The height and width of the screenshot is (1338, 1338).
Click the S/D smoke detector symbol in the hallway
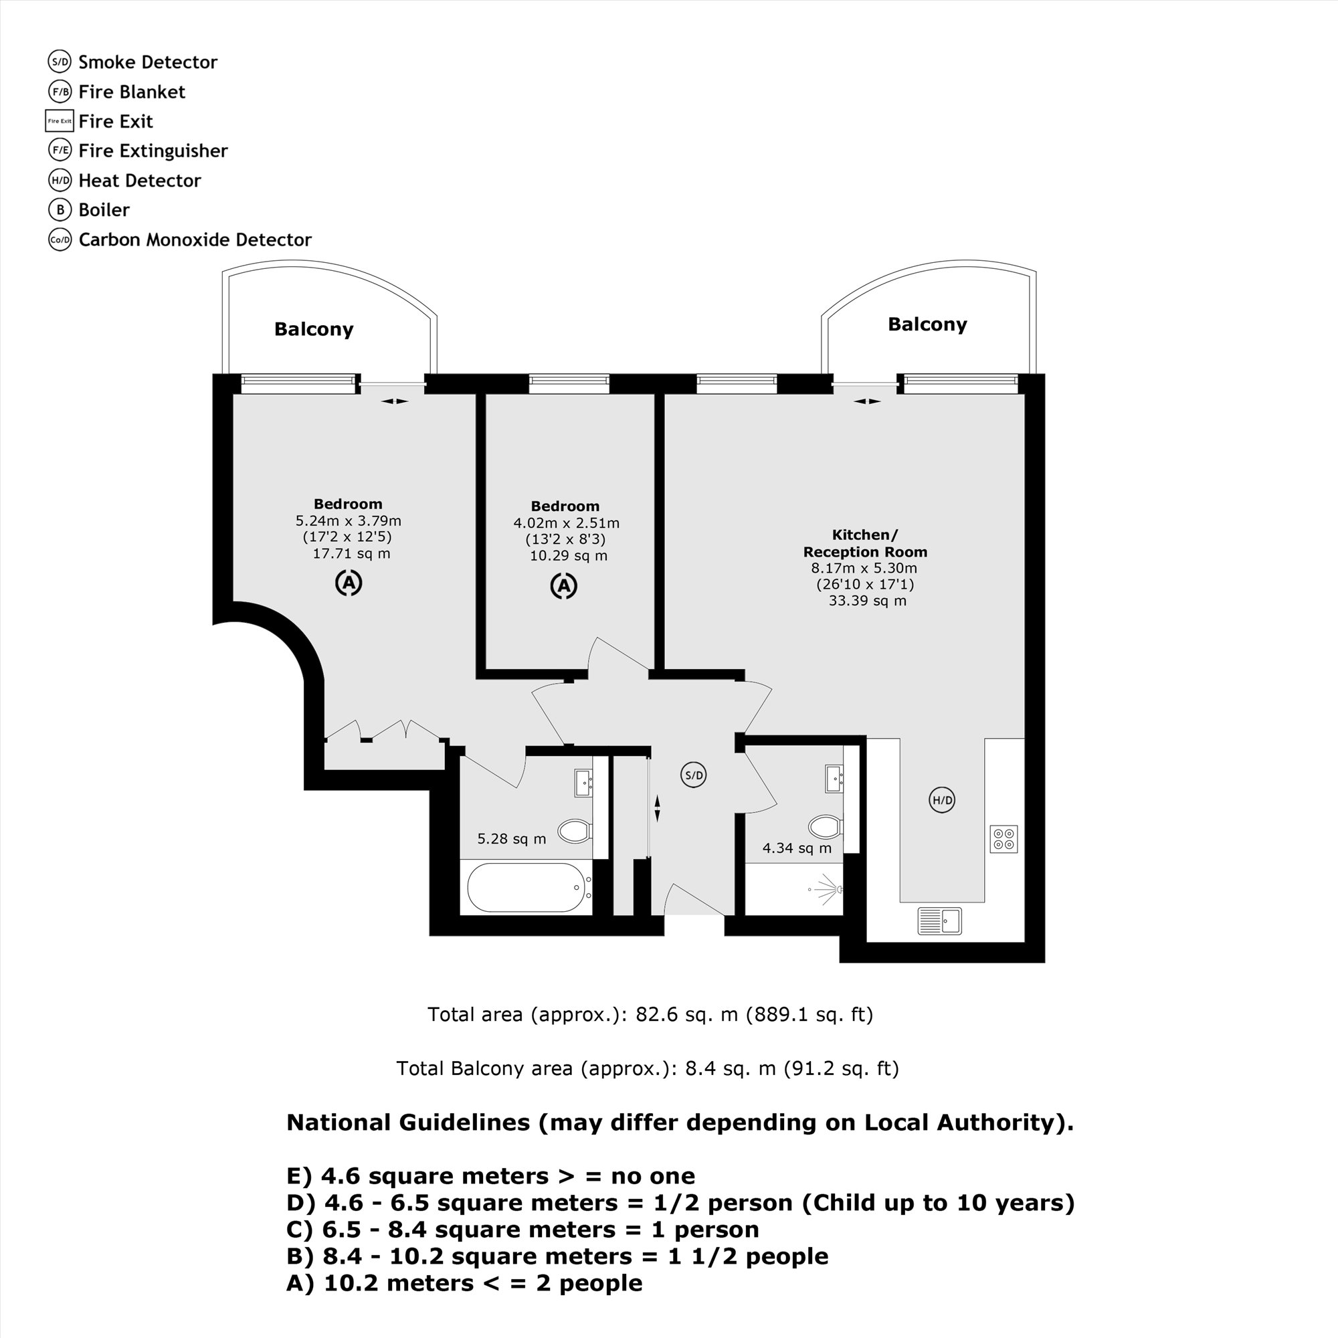click(x=693, y=775)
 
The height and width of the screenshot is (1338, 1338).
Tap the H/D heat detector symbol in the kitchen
click(x=941, y=800)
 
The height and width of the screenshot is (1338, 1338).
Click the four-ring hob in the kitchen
click(x=1004, y=839)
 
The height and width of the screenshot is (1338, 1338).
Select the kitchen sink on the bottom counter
click(x=939, y=921)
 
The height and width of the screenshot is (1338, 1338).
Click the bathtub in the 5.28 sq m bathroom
click(x=527, y=887)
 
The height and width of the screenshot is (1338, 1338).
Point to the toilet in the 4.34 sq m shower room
click(x=824, y=826)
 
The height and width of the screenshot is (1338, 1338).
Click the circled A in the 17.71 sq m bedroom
click(x=349, y=583)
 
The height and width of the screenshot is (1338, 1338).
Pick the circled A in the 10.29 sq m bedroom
click(x=564, y=586)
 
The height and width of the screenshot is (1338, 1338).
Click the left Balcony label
click(x=314, y=329)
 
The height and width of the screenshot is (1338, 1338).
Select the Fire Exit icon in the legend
click(x=60, y=121)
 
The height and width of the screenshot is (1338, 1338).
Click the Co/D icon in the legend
click(x=60, y=240)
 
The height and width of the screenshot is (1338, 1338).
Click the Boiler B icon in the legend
click(x=60, y=210)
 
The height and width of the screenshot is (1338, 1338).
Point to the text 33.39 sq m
click(x=867, y=601)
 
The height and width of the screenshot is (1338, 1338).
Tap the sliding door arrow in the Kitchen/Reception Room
click(x=867, y=401)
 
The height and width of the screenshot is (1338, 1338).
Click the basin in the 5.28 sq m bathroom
click(x=583, y=783)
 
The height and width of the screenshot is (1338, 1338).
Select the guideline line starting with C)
click(x=523, y=1229)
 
